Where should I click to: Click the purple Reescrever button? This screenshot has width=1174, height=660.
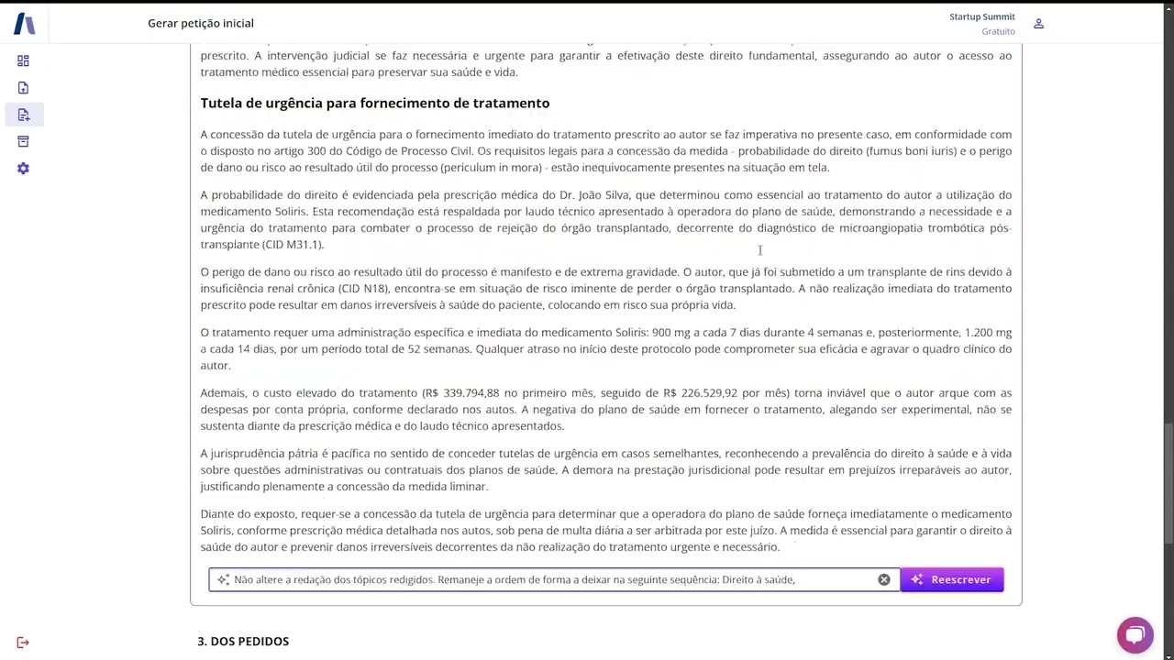point(951,579)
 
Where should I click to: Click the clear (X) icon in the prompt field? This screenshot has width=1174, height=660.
point(884,579)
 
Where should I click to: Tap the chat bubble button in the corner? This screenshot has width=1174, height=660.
point(1135,634)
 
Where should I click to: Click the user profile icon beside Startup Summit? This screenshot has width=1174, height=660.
point(1038,24)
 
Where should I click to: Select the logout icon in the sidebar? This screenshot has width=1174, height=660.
point(23,643)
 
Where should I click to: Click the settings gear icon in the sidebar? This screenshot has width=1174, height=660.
point(23,169)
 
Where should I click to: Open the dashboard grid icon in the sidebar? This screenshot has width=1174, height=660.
point(23,60)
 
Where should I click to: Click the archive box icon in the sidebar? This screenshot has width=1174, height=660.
point(23,141)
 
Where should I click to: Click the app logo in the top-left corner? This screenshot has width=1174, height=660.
point(25,24)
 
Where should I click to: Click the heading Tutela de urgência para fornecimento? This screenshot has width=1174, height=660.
point(374,103)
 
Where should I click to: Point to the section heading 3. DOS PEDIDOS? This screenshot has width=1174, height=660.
point(243,641)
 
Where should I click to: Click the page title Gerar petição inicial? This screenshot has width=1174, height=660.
point(201,23)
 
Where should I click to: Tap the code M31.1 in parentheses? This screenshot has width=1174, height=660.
point(303,244)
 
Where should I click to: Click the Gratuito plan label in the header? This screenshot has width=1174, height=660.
point(998,31)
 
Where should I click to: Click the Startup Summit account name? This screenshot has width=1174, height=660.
point(981,16)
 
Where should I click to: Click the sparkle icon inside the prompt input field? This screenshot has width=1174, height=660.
point(223,579)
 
